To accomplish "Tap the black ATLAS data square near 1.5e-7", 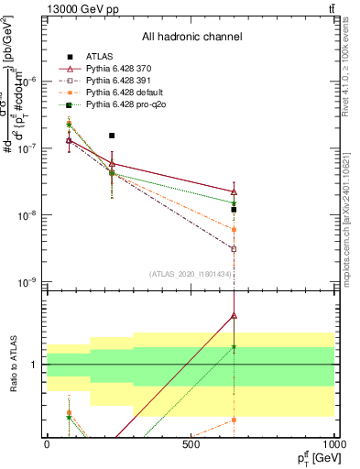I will tap(112, 135).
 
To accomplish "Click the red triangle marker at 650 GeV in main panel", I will tap(234, 192).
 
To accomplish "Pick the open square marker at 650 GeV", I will tap(234, 248).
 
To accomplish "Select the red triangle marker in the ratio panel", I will tap(234, 315).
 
